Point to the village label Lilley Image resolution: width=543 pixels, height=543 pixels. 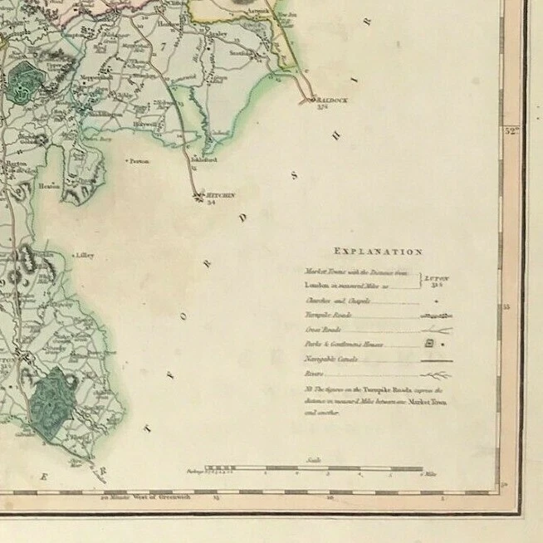pyautogui.click(x=85, y=256)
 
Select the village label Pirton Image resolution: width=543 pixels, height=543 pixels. pyautogui.click(x=139, y=161)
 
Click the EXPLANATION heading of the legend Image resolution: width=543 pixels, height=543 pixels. pyautogui.click(x=378, y=251)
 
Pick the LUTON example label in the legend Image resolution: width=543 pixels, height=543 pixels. pyautogui.click(x=438, y=279)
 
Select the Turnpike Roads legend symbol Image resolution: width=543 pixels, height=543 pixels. pyautogui.click(x=435, y=316)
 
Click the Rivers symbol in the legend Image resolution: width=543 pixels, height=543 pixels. pyautogui.click(x=435, y=375)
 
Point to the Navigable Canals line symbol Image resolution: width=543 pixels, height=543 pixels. pyautogui.click(x=435, y=360)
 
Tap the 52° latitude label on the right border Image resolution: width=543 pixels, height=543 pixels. pyautogui.click(x=508, y=129)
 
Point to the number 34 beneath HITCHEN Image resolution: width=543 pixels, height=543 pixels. pyautogui.click(x=210, y=203)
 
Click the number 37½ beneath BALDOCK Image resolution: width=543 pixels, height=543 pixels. pyautogui.click(x=323, y=105)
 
